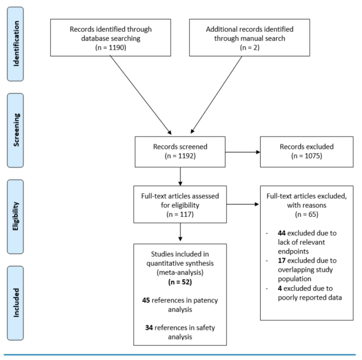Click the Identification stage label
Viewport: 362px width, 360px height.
point(16,43)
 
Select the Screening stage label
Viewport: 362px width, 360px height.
point(16,130)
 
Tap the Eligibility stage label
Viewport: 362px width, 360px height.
point(16,216)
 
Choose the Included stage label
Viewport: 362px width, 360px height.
point(16,303)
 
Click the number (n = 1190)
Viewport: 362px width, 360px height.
point(111,47)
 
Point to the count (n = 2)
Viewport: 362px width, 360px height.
point(250,47)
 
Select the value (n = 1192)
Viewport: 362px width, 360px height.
point(180,156)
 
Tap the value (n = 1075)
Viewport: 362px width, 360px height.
point(307,156)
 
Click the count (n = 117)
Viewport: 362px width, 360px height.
point(180,215)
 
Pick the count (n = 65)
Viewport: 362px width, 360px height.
point(307,215)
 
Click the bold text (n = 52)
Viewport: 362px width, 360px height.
point(180,282)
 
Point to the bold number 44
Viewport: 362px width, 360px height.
point(282,233)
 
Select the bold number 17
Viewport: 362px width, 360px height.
point(282,261)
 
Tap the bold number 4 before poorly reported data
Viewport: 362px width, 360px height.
point(280,289)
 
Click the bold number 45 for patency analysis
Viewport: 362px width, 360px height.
point(146,300)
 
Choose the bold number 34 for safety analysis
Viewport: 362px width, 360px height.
point(149,328)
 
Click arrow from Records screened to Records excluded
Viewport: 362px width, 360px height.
point(243,152)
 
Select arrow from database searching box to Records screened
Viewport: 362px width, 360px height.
point(140,95)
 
